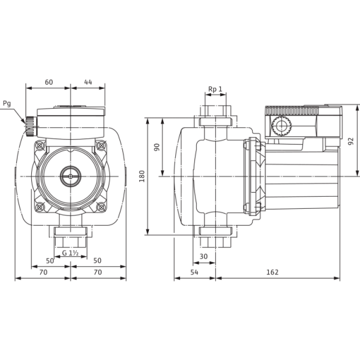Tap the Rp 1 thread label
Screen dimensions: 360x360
click(215, 89)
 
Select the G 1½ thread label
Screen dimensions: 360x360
click(71, 253)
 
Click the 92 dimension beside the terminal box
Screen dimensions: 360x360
click(350, 141)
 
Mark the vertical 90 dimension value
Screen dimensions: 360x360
click(157, 147)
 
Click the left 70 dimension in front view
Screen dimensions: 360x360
click(43, 272)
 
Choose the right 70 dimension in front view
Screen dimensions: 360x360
click(98, 272)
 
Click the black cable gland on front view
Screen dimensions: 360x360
click(28, 126)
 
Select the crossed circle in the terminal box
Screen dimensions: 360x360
click(280, 127)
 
